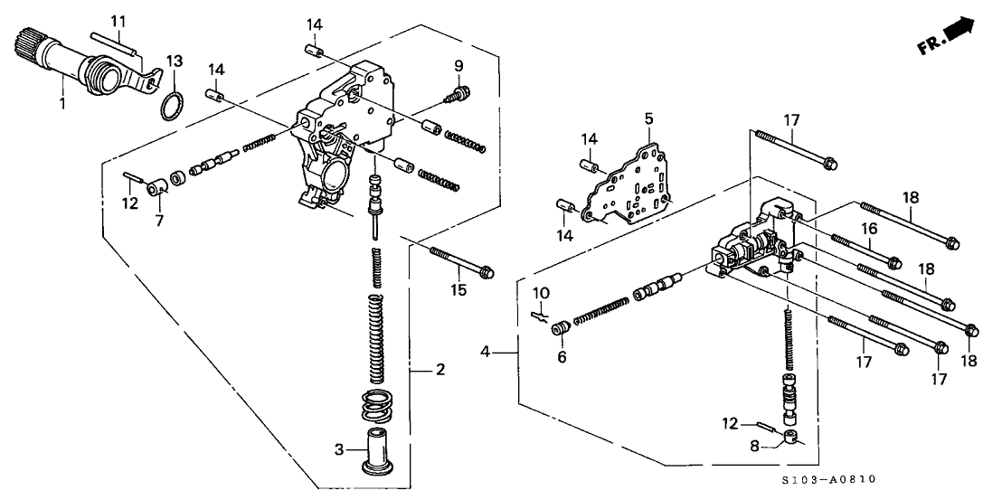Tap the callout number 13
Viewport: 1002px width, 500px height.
175,61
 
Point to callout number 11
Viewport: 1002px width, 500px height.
119,21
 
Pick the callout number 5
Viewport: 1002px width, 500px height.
648,118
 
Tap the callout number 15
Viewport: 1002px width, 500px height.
459,290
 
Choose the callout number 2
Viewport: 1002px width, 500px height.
440,370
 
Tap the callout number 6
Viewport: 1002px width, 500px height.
562,357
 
